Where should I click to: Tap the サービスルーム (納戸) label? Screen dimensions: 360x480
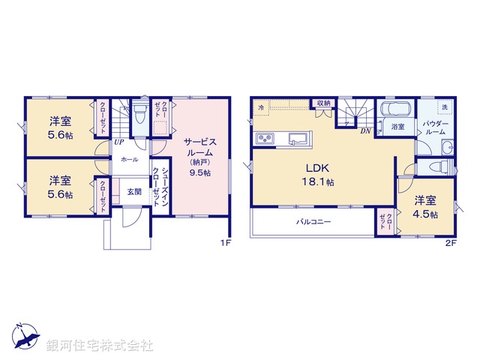[197, 155]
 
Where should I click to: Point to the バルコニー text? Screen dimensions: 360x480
[313, 223]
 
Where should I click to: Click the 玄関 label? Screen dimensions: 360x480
[133, 191]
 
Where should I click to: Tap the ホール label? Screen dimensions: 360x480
[128, 159]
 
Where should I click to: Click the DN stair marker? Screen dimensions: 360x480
[365, 131]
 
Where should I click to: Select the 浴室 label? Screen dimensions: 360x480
[398, 127]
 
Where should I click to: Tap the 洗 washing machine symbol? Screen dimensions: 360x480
[444, 107]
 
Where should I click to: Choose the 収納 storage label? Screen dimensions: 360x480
[322, 103]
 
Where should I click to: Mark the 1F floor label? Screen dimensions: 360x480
[225, 243]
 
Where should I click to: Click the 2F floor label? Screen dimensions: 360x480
[450, 243]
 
